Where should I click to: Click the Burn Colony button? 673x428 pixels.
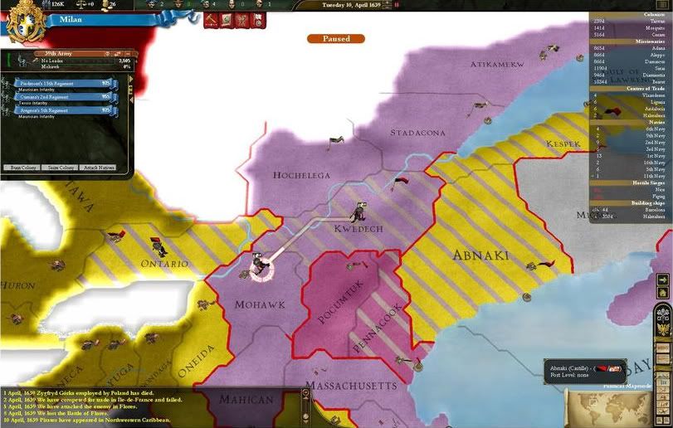coord(24,168)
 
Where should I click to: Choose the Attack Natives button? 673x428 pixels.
coord(100,168)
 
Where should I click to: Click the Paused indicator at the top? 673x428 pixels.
coord(336,38)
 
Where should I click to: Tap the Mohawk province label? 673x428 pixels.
coord(259,304)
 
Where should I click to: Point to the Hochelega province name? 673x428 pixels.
coord(301,175)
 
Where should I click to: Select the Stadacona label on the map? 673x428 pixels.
coord(417,132)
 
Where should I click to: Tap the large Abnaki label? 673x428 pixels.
coord(480,255)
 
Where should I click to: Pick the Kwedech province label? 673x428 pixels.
coord(357,228)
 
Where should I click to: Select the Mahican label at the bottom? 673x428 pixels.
coord(246,399)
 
